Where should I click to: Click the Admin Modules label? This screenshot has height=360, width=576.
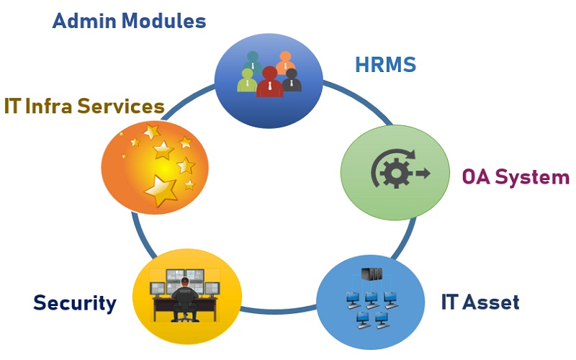130,21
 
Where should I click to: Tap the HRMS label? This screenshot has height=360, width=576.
385,65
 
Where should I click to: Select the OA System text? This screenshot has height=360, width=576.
516,176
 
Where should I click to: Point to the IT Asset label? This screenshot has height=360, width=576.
480,302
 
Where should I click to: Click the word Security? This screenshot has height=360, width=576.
75,303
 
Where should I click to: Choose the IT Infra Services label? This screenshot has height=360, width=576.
84,107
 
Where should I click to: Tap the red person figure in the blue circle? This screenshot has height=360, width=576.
269,81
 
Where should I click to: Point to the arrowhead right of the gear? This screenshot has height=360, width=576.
423,174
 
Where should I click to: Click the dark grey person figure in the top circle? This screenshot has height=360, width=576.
292,79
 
